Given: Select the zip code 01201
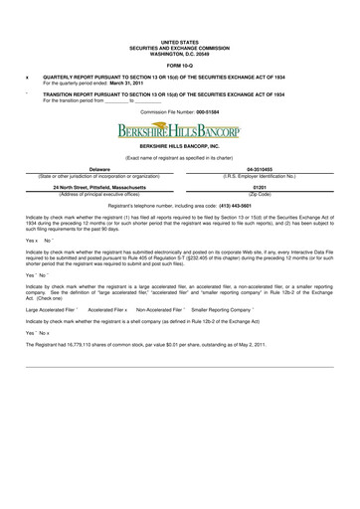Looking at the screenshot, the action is pyautogui.click(x=261, y=187).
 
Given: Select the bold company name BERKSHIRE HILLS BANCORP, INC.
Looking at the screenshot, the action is pyautogui.click(x=179, y=146).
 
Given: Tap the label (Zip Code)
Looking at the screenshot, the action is pyautogui.click(x=261, y=193).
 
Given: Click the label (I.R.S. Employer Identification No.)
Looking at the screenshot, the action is pyautogui.click(x=261, y=176).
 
